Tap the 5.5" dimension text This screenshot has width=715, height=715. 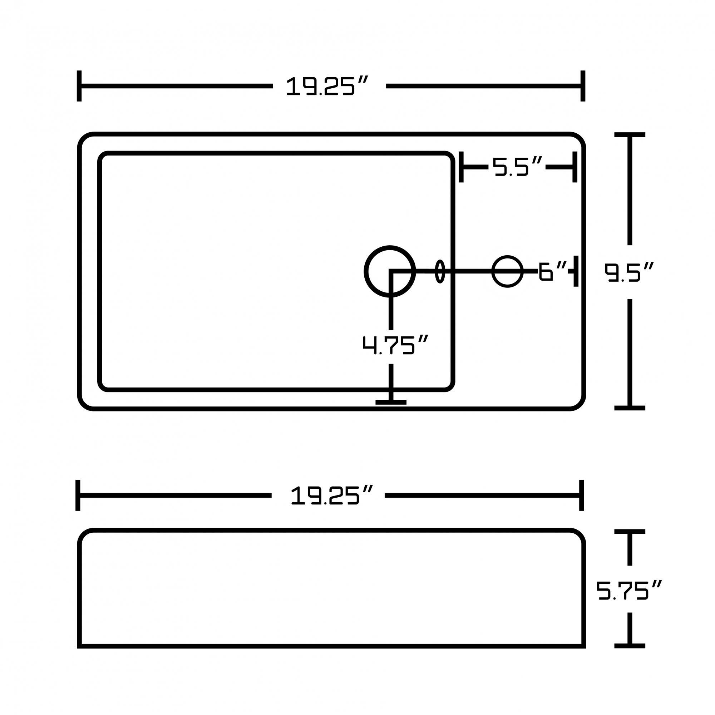tap(517, 167)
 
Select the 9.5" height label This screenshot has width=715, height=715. tap(629, 272)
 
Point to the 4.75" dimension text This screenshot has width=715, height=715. tap(395, 345)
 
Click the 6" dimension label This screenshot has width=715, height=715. tap(552, 271)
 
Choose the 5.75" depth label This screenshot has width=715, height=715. tap(629, 591)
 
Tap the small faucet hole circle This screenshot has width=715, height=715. tap(507, 271)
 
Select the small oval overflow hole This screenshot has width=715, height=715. tap(440, 271)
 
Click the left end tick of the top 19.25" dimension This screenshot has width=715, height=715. tap(79, 86)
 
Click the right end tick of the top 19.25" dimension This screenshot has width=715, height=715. tap(582, 86)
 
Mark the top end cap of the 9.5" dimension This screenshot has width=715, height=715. tap(630, 135)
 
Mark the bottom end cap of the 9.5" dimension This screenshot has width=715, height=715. tap(630, 408)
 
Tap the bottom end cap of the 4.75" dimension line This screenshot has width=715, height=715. tap(391, 402)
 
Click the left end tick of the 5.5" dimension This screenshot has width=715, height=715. tap(461, 167)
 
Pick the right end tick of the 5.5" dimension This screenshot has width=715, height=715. tap(575, 167)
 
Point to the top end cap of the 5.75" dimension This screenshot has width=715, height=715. tap(630, 532)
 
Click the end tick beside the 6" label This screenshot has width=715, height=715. tap(576, 271)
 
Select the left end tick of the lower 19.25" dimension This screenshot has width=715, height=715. tap(78, 495)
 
